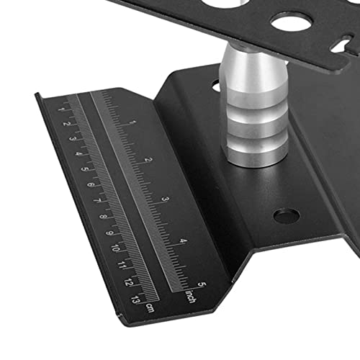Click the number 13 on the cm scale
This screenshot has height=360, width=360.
tap(135, 300)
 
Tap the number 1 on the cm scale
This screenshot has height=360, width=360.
tap(61, 109)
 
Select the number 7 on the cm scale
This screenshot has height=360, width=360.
tap(97, 201)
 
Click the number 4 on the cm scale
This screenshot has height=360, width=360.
tap(78, 153)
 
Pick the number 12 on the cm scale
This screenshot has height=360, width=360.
tap(129, 282)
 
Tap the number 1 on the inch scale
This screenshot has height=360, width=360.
tap(132, 122)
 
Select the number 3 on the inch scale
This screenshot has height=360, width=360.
tap(166, 199)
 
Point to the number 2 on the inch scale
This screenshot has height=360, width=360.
tap(149, 160)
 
